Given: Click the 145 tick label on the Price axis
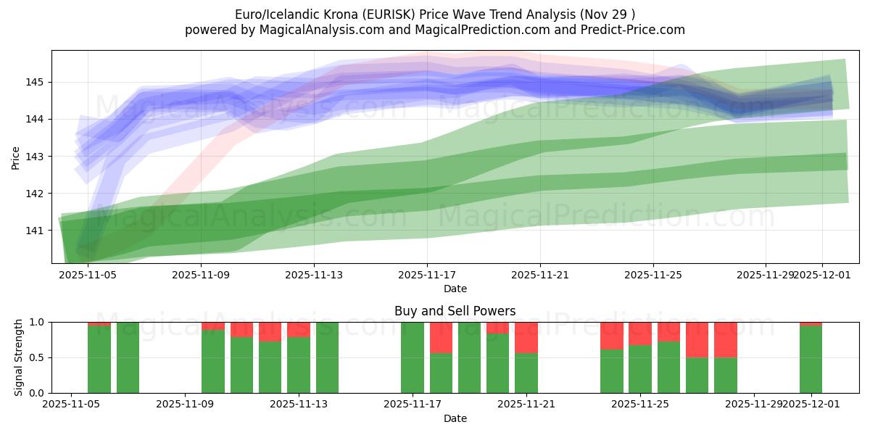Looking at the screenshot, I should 34,82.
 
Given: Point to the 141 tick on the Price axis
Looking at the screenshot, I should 34,231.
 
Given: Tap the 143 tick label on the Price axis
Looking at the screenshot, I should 34,157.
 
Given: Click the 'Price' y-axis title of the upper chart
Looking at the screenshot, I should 16,157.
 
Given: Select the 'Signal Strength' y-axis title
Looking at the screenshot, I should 20,357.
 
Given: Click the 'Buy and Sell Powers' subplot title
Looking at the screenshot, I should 455,311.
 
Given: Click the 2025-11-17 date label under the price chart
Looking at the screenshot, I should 426,275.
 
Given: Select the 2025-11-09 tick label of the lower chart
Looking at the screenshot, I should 185,404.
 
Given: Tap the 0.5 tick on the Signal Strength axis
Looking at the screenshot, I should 37,357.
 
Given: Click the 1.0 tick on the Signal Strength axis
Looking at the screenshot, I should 37,322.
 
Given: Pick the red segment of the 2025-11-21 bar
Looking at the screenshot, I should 526,337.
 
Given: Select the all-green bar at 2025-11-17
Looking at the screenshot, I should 413,357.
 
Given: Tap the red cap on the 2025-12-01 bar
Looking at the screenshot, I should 811,323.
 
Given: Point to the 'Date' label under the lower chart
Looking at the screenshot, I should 455,418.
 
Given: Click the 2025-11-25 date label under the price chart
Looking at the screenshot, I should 652,275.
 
